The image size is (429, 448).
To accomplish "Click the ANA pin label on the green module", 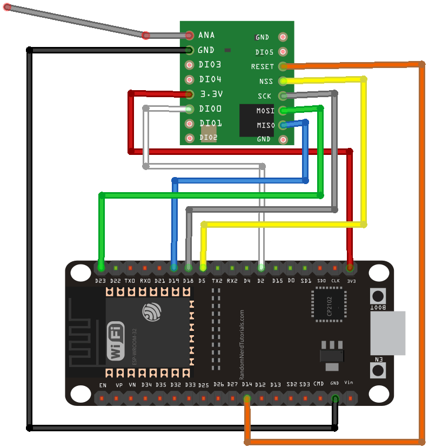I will coord(206,35).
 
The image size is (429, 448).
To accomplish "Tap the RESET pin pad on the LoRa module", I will coord(283,66).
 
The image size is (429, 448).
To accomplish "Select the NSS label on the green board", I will coord(266,82).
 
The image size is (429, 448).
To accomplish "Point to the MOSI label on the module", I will coord(265,111).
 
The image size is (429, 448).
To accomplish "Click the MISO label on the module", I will coord(265,125).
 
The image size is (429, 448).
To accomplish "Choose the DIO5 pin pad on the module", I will coord(283,52).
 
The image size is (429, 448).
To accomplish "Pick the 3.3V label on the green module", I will coord(211,94).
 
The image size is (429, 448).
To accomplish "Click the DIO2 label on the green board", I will coord(209,138).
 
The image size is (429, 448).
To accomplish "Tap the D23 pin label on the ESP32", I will coord(100,281).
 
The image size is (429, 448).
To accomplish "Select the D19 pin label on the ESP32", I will coord(173,281).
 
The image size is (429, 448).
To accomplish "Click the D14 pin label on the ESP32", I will coord(247,384).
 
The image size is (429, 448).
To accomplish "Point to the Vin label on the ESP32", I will coord(348,382).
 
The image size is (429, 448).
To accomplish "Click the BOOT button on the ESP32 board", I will coord(378,296).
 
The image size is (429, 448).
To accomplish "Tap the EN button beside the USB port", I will coord(378,370).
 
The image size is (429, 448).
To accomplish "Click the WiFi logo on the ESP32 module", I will coord(116,341).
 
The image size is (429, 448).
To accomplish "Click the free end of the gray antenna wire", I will coord(7,8).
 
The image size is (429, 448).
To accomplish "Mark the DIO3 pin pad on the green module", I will coord(189,65).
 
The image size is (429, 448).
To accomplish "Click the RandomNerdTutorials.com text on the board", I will coord(241,344).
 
